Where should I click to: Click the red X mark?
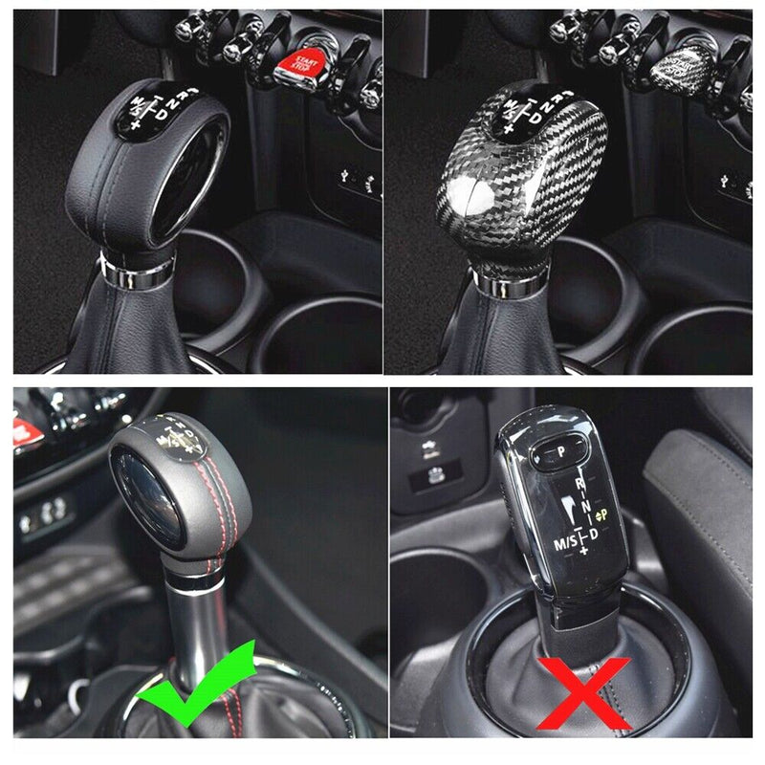point(583,693)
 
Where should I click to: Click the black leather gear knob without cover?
point(143,172)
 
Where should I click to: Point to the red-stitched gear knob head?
point(182,478)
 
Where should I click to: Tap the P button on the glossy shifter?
point(562,448)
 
